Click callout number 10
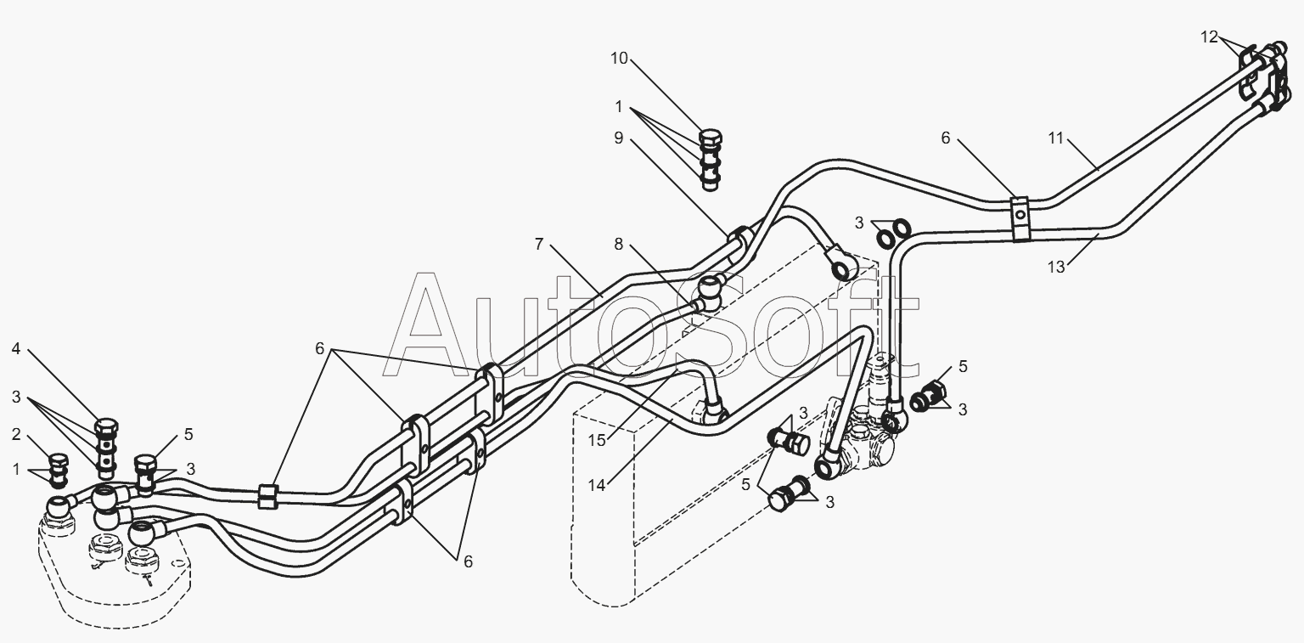(x=620, y=59)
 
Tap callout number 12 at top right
(x=1209, y=37)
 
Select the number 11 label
(x=1056, y=138)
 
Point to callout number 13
(x=1056, y=267)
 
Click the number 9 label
(x=618, y=138)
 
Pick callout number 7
(x=539, y=244)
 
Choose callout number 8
(x=618, y=244)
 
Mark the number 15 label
(x=597, y=440)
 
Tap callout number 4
(x=16, y=349)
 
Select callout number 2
(x=16, y=434)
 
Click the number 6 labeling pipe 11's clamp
(x=946, y=138)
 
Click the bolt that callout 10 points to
(x=711, y=160)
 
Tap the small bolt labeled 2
(x=58, y=471)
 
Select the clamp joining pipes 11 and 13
(x=1019, y=219)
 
